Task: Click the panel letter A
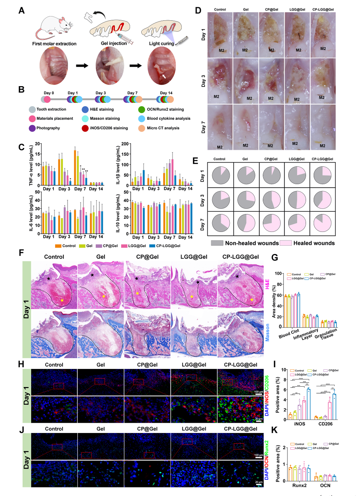pos(22,10)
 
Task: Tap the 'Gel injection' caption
pos(114,43)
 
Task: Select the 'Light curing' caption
pos(161,43)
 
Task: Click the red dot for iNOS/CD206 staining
pos(85,128)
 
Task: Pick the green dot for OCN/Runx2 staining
pos(141,109)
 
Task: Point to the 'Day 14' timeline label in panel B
pos(166,93)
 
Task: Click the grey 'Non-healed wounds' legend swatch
pos(217,243)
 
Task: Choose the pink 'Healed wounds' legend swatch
pos(286,243)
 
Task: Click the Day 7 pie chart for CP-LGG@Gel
pos(322,223)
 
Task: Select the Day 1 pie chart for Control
pos(221,175)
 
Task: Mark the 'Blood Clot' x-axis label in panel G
pos(289,334)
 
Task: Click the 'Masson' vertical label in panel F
pos(268,333)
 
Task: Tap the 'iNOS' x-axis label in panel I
pos(299,424)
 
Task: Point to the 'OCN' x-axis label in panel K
pos(325,485)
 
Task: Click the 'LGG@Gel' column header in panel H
pos(194,365)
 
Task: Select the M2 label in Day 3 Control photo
pos(216,97)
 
